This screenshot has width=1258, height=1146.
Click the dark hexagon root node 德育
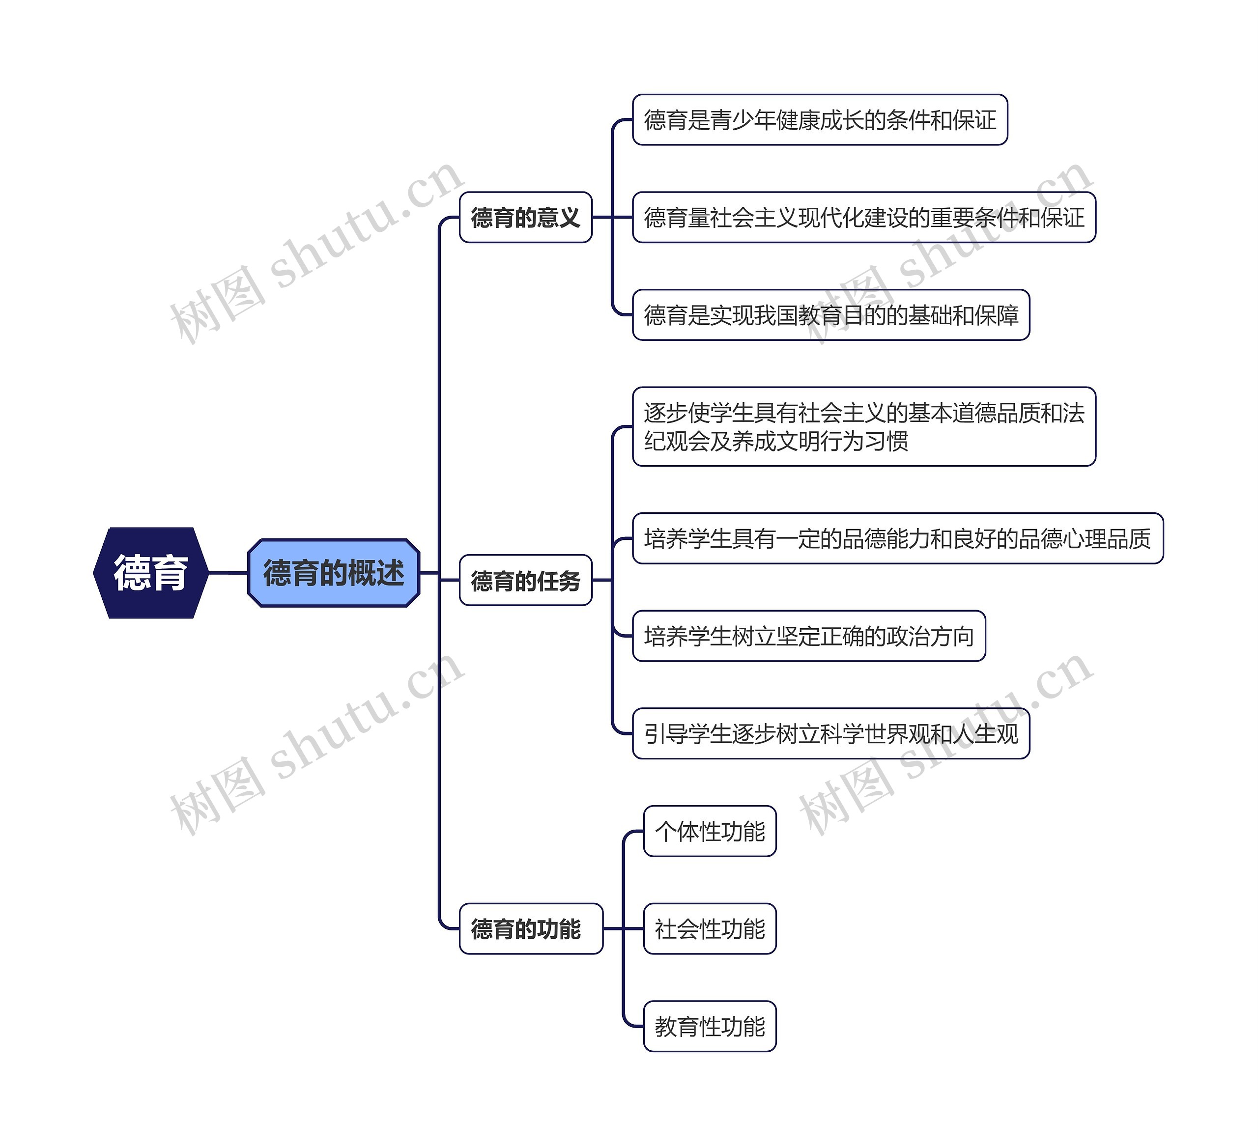150,573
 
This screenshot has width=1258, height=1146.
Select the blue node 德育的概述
334,573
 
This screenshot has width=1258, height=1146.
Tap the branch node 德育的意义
525,217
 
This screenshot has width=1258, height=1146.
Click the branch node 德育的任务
525,580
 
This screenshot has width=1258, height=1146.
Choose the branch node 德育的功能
530,929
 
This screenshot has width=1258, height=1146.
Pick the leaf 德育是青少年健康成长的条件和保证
820,120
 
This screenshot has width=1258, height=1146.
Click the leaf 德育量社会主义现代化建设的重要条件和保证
863,217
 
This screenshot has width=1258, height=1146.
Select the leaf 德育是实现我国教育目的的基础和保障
830,315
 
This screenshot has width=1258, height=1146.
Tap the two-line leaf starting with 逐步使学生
863,427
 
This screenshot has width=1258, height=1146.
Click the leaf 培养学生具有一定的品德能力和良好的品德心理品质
897,538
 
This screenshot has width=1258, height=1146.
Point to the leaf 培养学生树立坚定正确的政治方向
809,636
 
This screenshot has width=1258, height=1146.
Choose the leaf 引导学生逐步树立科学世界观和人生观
830,734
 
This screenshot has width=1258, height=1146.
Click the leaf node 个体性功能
710,832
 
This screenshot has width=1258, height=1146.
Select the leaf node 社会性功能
710,929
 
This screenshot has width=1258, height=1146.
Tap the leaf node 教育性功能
710,1027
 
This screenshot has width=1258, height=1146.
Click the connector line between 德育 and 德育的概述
228,573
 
